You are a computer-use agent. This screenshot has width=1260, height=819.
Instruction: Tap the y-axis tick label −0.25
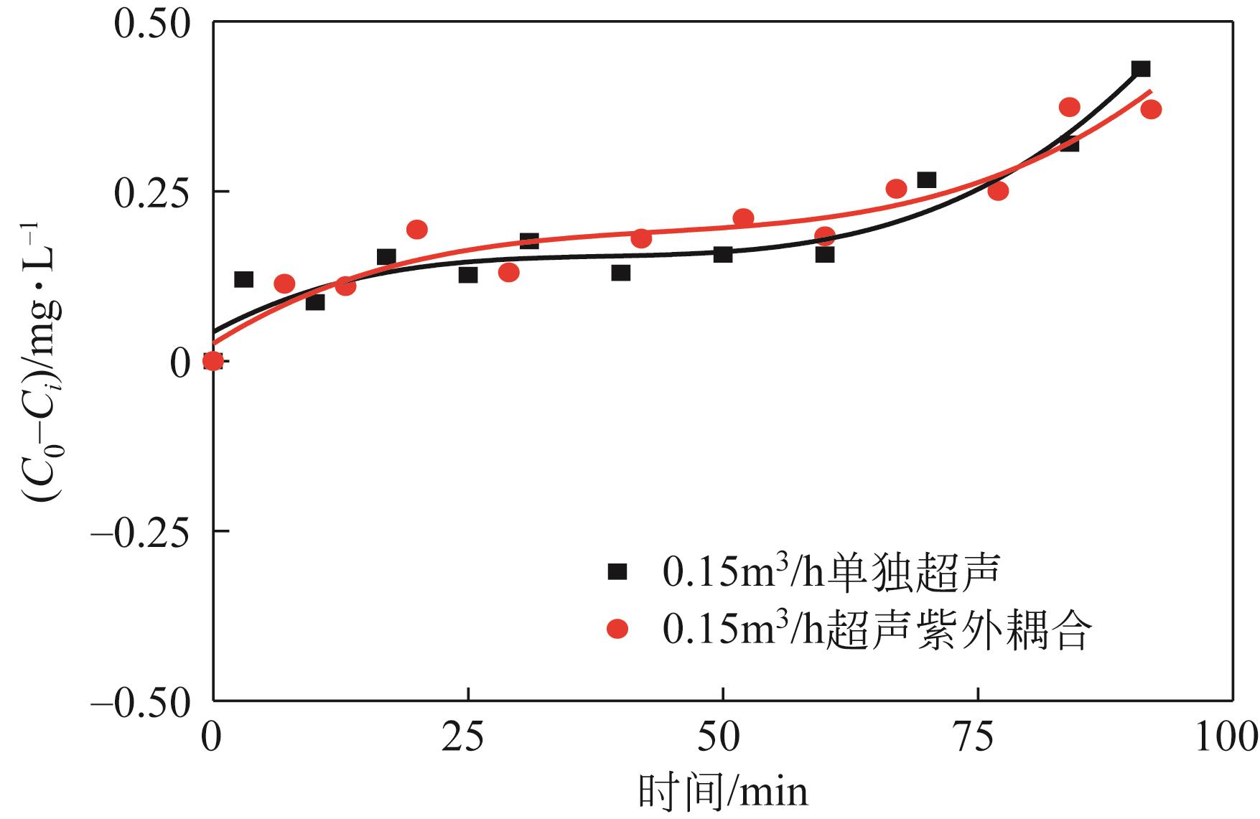tap(140, 531)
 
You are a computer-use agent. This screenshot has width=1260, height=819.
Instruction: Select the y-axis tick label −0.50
tap(140, 701)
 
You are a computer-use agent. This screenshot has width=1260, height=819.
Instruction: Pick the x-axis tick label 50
tap(722, 739)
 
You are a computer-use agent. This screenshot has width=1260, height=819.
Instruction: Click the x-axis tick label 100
tap(1225, 739)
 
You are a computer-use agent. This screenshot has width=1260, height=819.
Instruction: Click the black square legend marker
tap(617, 572)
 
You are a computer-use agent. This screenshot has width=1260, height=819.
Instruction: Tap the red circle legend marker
tap(617, 630)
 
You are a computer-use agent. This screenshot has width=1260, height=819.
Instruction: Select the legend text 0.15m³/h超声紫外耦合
tap(877, 630)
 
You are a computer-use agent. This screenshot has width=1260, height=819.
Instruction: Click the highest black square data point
tap(1141, 69)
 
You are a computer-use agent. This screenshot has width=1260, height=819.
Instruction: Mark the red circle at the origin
tap(213, 360)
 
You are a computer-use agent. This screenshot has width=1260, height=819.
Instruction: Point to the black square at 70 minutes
tap(927, 179)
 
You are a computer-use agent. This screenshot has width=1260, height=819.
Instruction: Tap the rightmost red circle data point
tap(1151, 109)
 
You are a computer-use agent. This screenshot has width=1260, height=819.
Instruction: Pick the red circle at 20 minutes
tap(417, 230)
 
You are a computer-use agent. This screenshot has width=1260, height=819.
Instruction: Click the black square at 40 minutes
tap(621, 273)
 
